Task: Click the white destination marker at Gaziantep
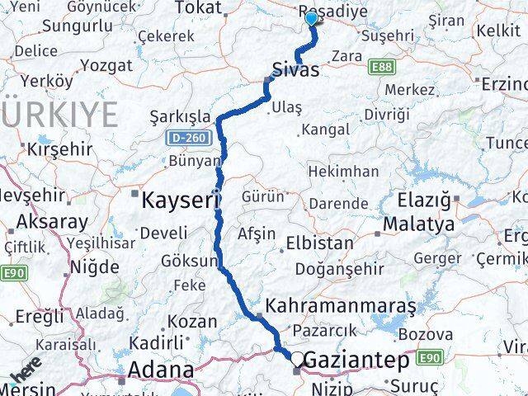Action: [x=295, y=358]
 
